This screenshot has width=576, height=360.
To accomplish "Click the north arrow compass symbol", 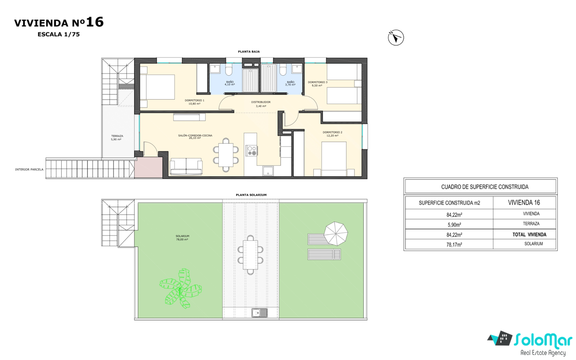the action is point(396,38).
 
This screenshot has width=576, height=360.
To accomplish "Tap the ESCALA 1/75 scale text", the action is point(58,35).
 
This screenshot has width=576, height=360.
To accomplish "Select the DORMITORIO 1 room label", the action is point(195,100).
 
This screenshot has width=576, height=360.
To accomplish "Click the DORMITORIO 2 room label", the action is point(332,132).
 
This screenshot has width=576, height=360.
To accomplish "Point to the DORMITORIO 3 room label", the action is point(318,82).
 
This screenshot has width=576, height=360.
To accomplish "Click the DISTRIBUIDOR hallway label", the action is point(261,102).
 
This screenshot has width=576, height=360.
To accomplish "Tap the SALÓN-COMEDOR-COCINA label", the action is point(195,135).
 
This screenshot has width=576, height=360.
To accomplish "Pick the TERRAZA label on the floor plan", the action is point(117,136).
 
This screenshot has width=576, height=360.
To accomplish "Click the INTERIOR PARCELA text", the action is point(29,170).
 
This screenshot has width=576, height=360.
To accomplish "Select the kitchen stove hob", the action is point(252,151).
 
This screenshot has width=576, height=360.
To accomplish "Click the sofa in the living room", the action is point(186,166).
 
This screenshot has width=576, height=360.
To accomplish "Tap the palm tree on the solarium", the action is point(180,288).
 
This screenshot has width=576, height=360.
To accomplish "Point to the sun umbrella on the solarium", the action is point(335,233).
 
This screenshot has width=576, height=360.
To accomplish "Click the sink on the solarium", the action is point(260,313).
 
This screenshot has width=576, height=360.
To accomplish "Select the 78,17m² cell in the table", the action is point(454,244).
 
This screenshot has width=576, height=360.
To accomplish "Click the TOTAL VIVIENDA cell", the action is point(529,235).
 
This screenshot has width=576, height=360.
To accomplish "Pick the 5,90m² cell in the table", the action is point(454,225).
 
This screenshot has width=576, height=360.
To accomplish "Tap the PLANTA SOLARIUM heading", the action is point(251,195).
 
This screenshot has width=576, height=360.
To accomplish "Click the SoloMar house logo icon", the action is point(500,338).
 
